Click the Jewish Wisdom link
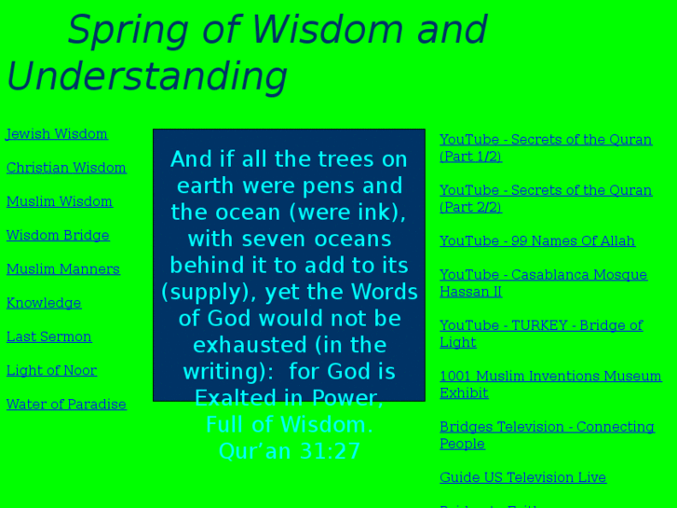(57, 134)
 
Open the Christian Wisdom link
(66, 168)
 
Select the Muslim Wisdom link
(60, 201)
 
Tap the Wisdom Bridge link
(58, 236)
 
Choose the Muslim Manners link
(63, 269)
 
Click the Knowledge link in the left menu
(44, 303)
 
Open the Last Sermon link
(49, 336)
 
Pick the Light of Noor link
(51, 370)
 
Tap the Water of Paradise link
(66, 405)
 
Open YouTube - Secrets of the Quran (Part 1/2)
(545, 140)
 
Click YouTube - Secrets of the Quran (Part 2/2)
(545, 190)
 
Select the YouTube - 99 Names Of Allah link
(537, 241)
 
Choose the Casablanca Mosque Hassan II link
(543, 275)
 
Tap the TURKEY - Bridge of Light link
(541, 325)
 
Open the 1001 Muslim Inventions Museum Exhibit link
(550, 377)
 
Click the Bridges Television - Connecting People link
(547, 427)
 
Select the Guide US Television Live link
(522, 477)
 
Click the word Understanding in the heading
(147, 76)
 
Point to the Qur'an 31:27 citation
(289, 451)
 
